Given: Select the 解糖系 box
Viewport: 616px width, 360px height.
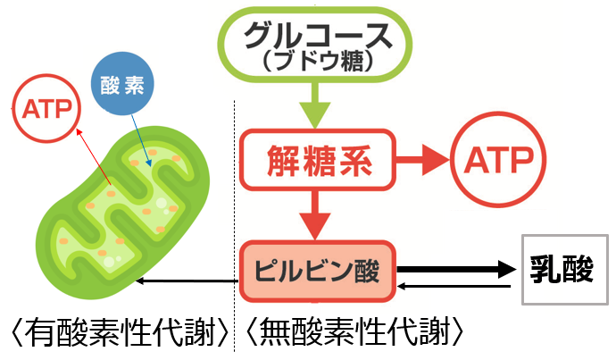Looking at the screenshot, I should point(316,162).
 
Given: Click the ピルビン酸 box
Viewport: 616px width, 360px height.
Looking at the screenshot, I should point(317,271).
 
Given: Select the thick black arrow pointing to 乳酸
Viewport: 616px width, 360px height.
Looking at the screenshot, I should point(455,267).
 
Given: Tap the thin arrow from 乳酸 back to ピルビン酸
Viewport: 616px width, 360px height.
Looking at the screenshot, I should point(455,286).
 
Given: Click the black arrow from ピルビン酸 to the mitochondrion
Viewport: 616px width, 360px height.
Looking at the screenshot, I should point(187,282).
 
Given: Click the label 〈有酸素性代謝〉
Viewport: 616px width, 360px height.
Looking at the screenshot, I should point(116,334).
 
